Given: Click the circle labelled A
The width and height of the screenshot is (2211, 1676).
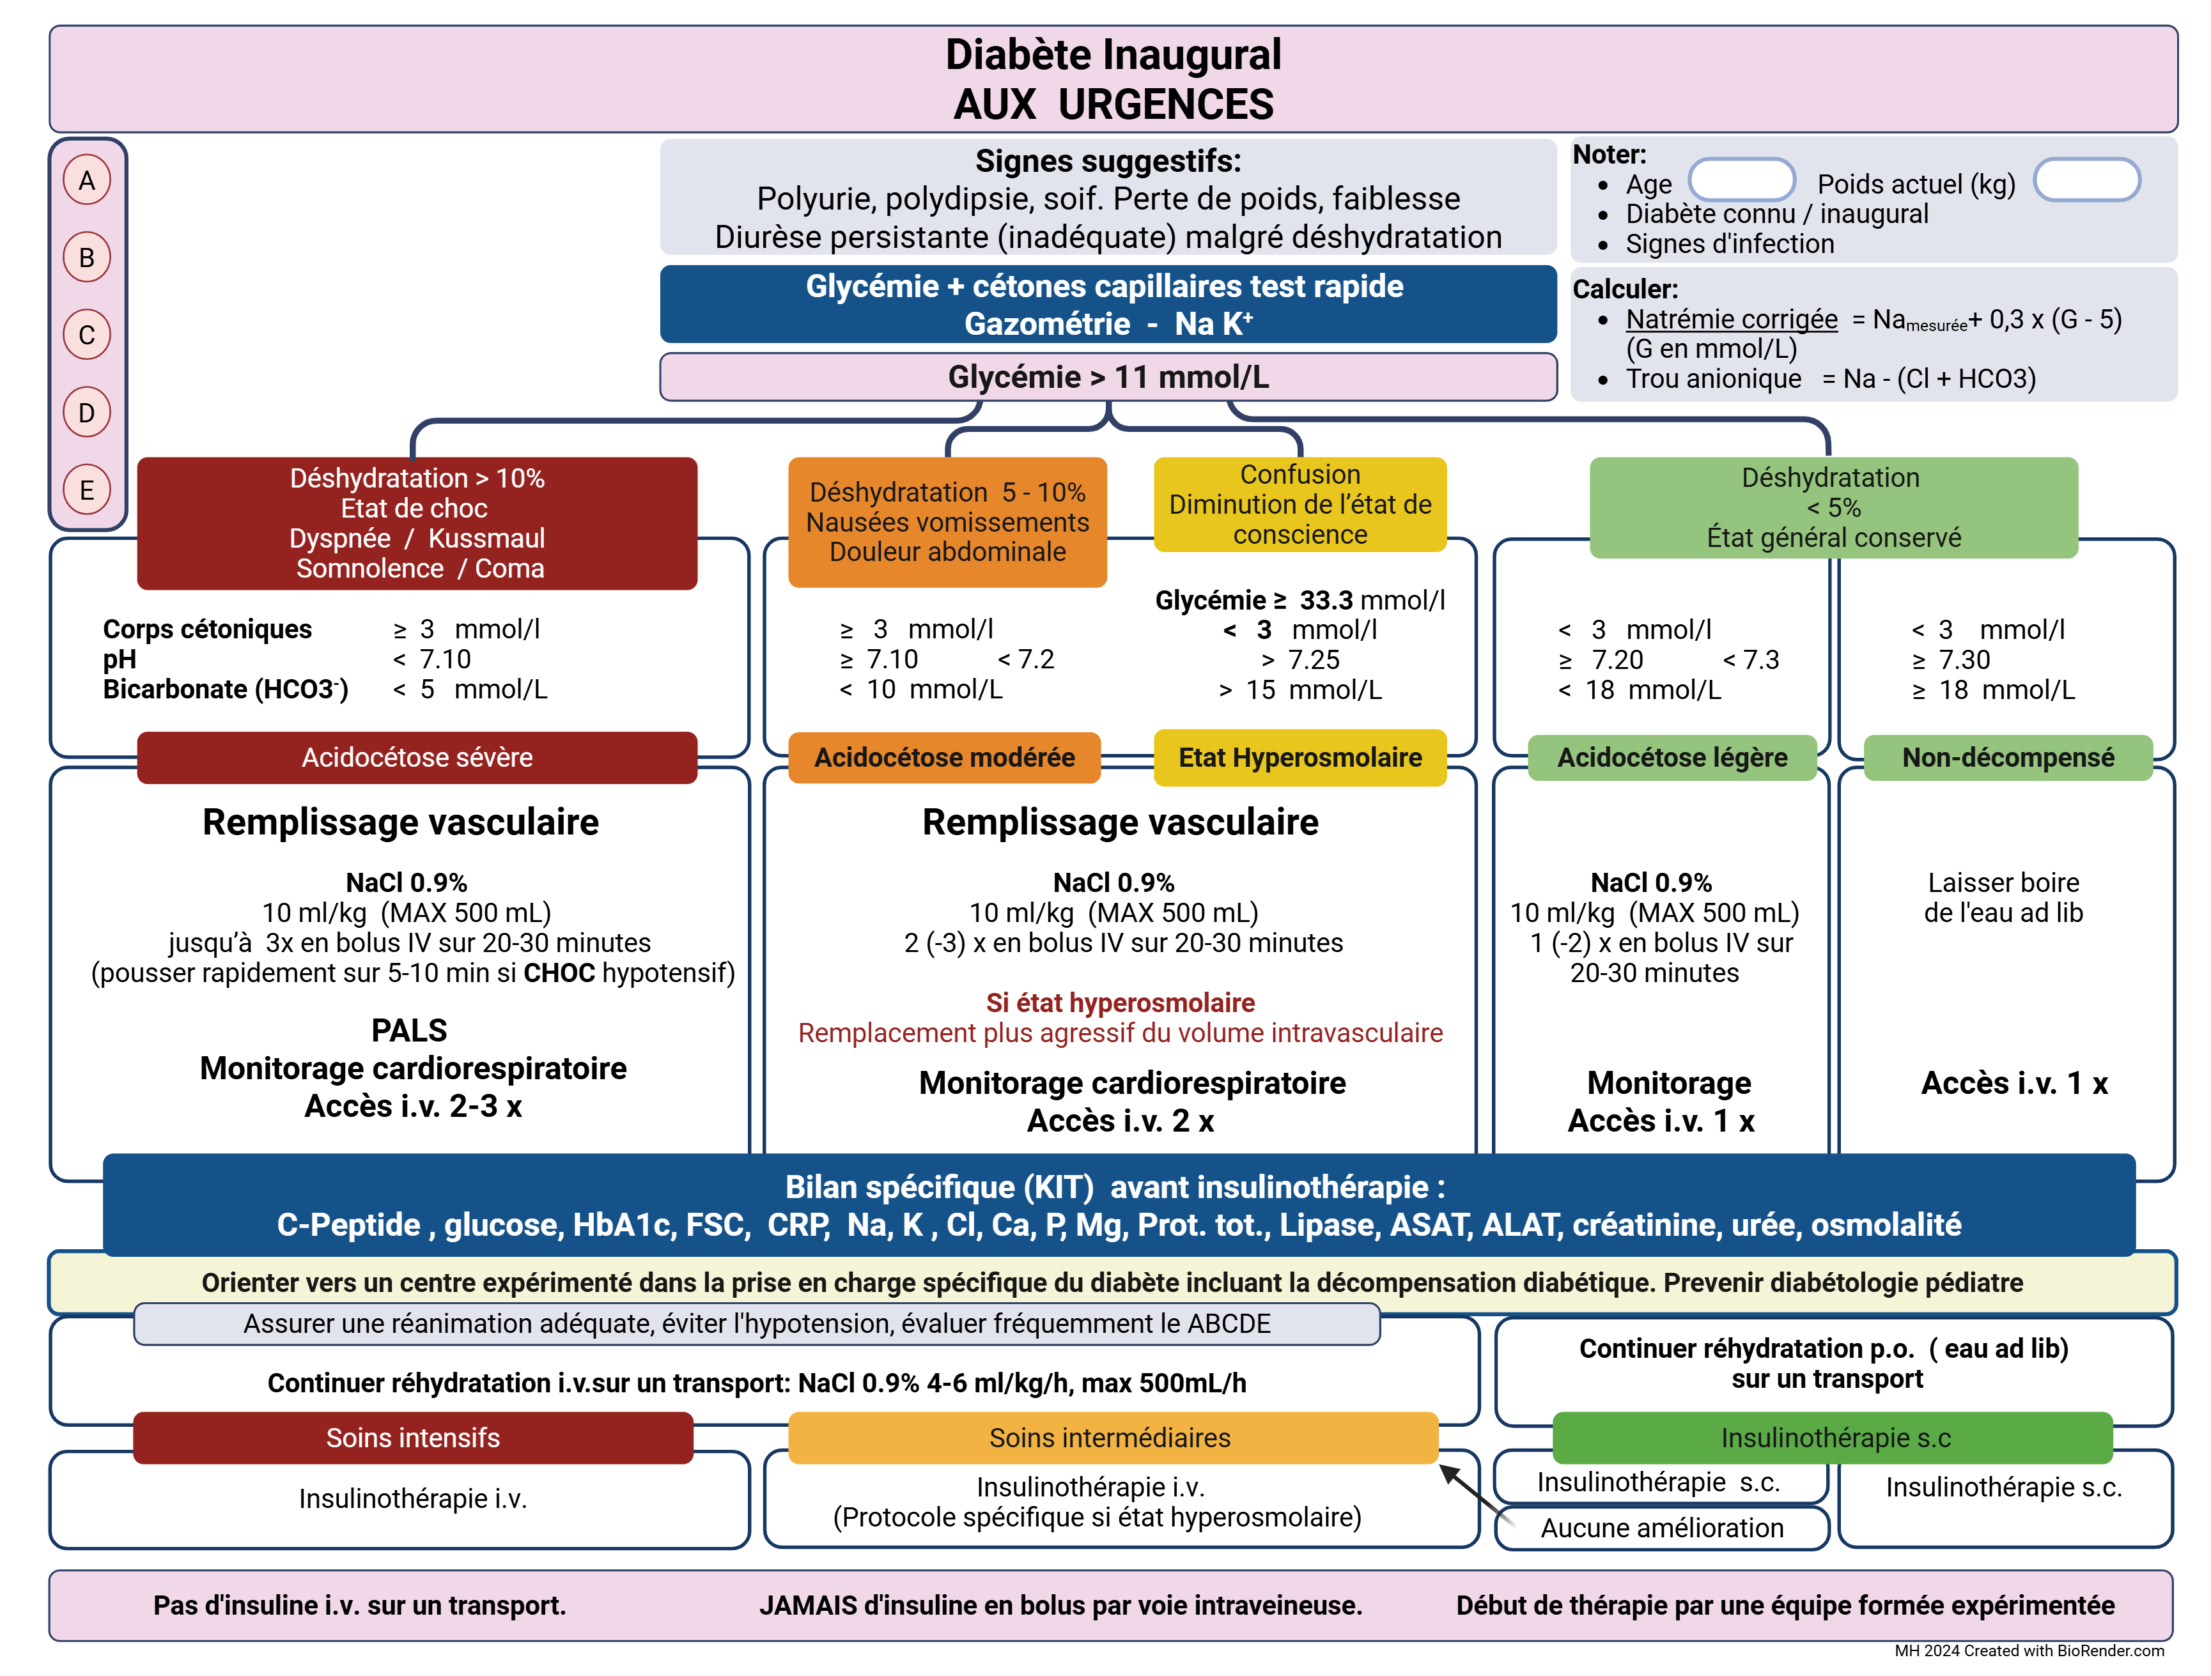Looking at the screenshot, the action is tap(87, 180).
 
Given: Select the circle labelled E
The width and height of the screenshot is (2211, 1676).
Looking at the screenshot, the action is tap(87, 489).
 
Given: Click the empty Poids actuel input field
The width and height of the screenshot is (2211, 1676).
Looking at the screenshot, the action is tap(2087, 180).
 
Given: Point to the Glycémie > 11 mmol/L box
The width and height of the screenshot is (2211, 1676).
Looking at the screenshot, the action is tap(1108, 377).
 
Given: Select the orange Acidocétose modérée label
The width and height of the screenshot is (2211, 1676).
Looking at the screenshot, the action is tap(945, 758).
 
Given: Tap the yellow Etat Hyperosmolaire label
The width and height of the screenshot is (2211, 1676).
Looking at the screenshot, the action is tap(1299, 758).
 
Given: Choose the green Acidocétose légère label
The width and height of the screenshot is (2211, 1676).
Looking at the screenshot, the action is tap(1672, 758).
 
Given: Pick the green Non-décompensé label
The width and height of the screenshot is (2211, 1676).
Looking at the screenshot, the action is tap(2008, 758).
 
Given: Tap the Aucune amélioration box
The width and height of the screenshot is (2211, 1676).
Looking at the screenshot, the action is tap(1663, 1528).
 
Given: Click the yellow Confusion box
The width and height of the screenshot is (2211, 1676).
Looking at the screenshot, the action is tap(1299, 505).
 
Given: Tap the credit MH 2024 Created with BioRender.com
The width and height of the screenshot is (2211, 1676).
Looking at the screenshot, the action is tap(2029, 1651).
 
